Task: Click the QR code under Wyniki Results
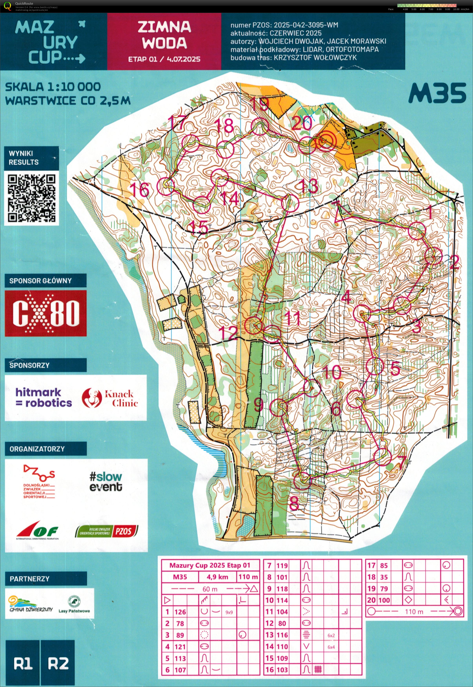[31, 198]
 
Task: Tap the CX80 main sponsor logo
[46, 313]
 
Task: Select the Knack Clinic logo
[110, 398]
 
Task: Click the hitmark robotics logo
[44, 397]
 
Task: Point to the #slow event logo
[106, 482]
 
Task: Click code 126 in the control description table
[180, 612]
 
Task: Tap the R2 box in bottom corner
[58, 664]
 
